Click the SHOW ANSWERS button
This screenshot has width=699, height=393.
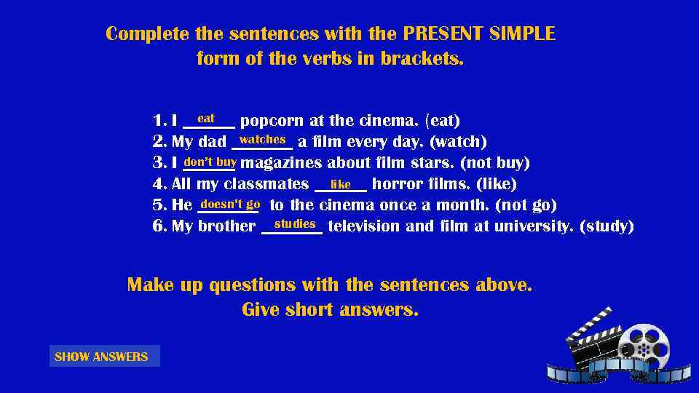[x=102, y=357]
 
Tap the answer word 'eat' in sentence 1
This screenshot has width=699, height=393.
[x=206, y=118]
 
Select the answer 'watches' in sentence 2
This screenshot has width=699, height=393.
[x=262, y=139]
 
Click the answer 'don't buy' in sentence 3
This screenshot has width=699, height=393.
[x=210, y=162]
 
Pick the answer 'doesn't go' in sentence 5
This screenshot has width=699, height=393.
[x=230, y=205]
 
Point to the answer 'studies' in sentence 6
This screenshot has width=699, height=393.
[x=295, y=223]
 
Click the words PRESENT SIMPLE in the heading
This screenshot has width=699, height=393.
[x=478, y=34]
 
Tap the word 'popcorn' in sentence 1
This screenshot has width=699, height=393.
[x=271, y=121]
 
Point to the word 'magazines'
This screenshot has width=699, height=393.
[x=281, y=163]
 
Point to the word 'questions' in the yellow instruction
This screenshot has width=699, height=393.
[x=250, y=285]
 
